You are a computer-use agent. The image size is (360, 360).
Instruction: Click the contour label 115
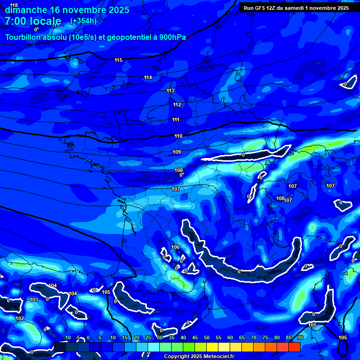[119, 60]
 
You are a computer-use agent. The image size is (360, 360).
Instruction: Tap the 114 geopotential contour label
[148, 77]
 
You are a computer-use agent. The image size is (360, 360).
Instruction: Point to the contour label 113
[170, 91]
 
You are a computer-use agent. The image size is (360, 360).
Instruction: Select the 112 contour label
[177, 105]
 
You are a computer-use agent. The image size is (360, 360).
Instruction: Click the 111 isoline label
[176, 120]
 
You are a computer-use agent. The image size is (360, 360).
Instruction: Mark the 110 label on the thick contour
[178, 136]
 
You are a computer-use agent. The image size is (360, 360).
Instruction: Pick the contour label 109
[177, 152]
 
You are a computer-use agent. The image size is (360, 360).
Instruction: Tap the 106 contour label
[176, 247]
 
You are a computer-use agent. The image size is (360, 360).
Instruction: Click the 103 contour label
[33, 300]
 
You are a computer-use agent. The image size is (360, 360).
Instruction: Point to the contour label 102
[20, 318]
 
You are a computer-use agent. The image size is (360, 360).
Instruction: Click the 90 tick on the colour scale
[300, 337]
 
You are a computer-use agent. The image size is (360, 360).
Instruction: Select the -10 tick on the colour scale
[67, 337]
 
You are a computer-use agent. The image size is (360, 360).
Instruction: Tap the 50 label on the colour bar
[207, 337]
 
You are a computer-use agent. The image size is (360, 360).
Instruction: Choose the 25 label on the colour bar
[148, 337]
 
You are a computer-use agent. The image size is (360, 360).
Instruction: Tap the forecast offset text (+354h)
[83, 21]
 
